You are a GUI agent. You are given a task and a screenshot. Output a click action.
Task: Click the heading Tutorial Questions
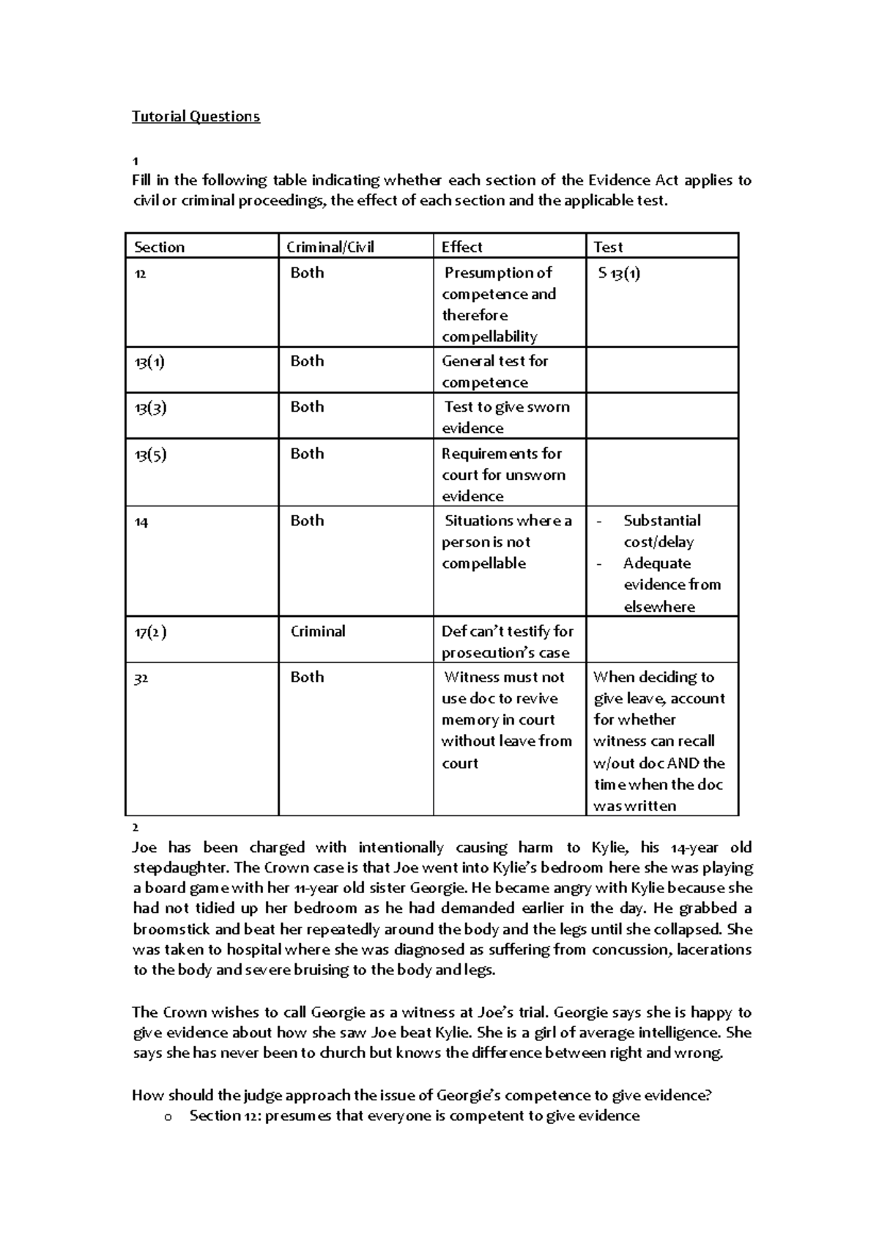tap(196, 116)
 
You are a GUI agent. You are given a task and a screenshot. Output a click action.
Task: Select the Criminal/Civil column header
tap(330, 247)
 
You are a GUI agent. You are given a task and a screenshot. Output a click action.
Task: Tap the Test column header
tap(608, 247)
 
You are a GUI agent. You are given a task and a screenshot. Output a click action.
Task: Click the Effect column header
tap(461, 247)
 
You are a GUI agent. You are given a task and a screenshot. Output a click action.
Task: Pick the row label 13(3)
tap(150, 408)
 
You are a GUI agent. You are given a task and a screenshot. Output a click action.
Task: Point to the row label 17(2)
tap(150, 632)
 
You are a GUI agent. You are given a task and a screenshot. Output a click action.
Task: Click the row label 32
tap(141, 678)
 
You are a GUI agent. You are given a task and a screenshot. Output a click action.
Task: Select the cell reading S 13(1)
tap(619, 274)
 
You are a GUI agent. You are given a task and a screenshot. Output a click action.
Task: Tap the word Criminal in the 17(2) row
tap(317, 632)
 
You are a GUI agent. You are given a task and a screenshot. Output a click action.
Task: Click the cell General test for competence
tap(494, 371)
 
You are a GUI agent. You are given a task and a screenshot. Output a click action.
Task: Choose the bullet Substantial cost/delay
tap(661, 531)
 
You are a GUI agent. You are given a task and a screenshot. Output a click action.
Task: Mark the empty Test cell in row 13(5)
tap(661, 473)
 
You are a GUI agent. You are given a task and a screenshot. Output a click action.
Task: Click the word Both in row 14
tap(307, 521)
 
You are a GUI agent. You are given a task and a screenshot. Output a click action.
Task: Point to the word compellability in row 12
tap(489, 337)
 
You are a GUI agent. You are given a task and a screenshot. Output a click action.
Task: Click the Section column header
tap(159, 247)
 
